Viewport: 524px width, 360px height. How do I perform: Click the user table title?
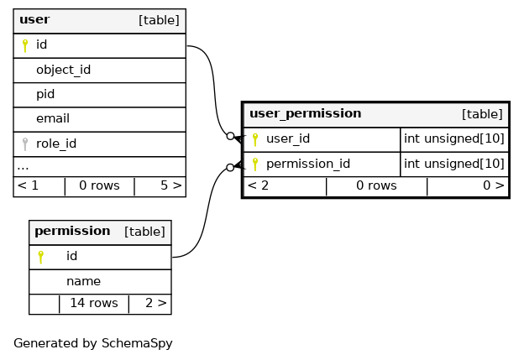(x=34, y=19)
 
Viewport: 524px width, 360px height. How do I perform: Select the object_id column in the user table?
(x=64, y=70)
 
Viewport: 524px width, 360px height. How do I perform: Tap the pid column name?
(x=45, y=95)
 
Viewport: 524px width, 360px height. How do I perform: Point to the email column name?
(x=53, y=118)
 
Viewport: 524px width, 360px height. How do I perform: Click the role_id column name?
(x=56, y=143)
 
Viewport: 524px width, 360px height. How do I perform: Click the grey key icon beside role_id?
(x=25, y=144)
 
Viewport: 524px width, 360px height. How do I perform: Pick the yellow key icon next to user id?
(x=25, y=45)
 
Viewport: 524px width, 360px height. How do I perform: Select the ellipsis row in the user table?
(x=23, y=167)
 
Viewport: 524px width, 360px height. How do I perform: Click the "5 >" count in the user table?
(x=171, y=185)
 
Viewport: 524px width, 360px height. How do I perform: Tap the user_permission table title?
(x=306, y=113)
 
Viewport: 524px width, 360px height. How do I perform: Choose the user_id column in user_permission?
(x=288, y=138)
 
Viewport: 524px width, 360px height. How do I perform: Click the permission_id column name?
(x=308, y=164)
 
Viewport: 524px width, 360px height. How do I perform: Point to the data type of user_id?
(x=453, y=138)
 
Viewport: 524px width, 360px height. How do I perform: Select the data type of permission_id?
(x=453, y=164)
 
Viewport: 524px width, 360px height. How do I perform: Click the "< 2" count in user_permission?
(x=258, y=185)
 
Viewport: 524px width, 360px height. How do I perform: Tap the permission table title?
(x=72, y=231)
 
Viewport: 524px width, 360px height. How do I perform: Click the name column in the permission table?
(x=83, y=281)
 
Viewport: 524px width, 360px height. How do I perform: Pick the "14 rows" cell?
(x=94, y=303)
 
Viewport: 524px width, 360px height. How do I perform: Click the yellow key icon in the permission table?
(x=41, y=257)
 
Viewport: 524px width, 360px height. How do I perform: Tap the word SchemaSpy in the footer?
(x=137, y=343)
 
